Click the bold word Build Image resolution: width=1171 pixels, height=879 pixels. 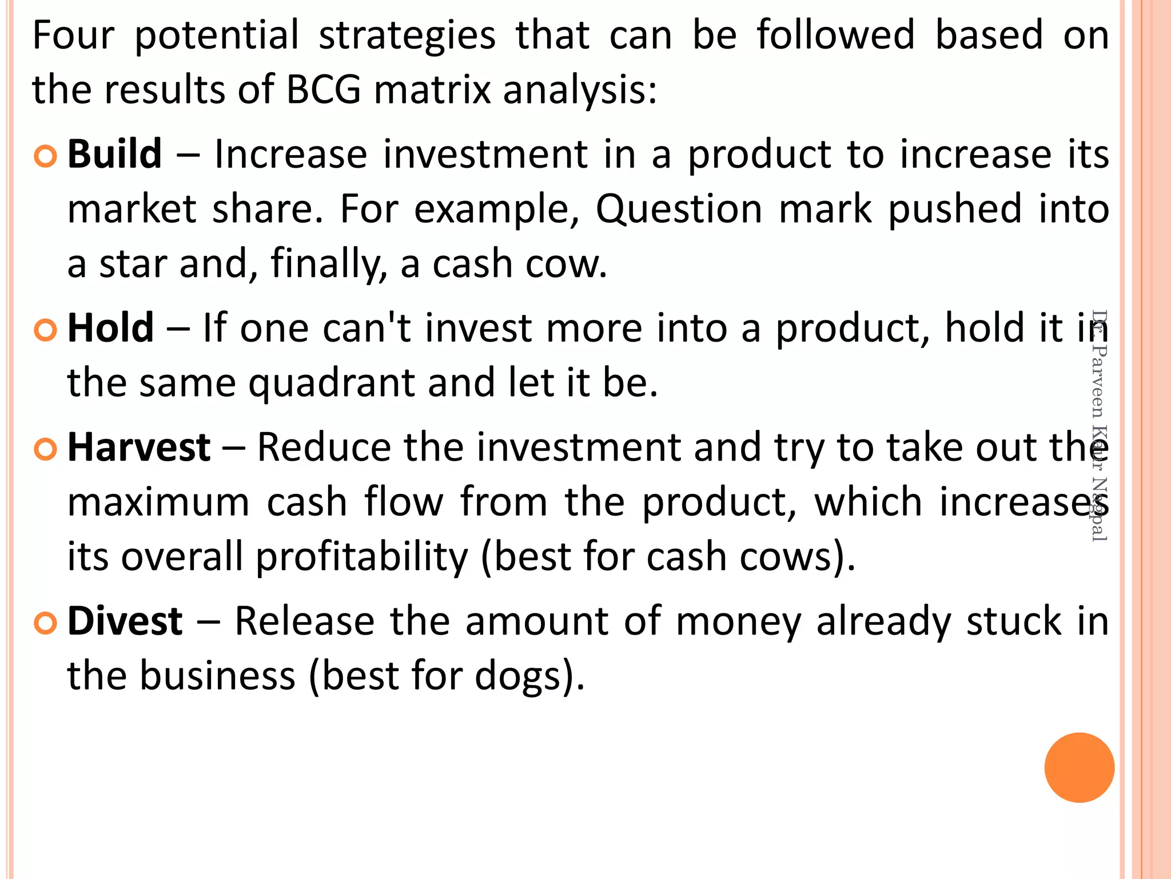(x=114, y=155)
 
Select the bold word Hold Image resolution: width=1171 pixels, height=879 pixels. (x=110, y=328)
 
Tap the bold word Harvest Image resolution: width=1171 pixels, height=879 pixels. (x=139, y=448)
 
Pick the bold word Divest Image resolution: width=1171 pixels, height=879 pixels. (x=125, y=621)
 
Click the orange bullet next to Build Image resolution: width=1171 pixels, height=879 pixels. (x=45, y=156)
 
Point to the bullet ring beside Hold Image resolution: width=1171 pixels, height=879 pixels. (x=45, y=330)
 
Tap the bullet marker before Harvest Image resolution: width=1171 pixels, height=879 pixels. (x=45, y=449)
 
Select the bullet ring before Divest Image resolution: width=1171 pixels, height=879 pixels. (x=45, y=623)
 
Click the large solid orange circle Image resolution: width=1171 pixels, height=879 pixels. (x=1079, y=767)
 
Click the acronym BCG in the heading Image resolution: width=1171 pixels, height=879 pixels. (x=324, y=90)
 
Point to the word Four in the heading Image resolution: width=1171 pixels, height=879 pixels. (x=73, y=35)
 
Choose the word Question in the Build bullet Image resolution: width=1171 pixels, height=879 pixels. (x=679, y=209)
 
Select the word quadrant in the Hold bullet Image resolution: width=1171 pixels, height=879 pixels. (x=332, y=383)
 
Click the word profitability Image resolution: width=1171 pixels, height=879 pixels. (x=361, y=557)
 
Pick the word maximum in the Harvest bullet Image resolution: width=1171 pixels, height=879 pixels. (x=158, y=502)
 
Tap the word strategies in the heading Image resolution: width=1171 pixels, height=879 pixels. (x=407, y=35)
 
